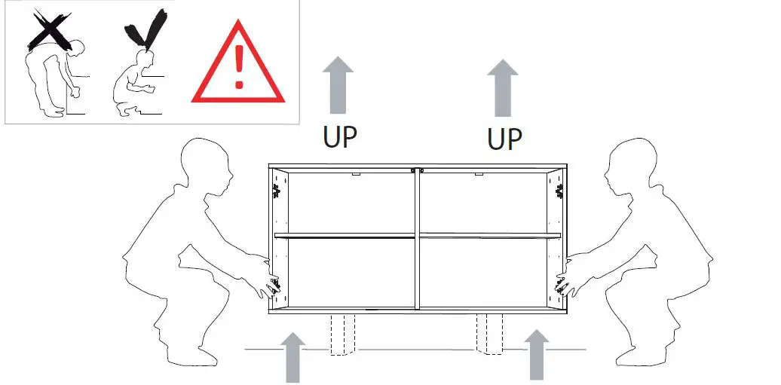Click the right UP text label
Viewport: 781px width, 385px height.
click(504, 139)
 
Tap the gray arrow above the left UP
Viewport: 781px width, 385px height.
click(338, 87)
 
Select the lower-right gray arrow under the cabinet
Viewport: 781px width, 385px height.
click(536, 354)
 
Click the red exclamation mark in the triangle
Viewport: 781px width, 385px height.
click(239, 67)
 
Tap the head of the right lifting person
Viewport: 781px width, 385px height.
click(628, 170)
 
